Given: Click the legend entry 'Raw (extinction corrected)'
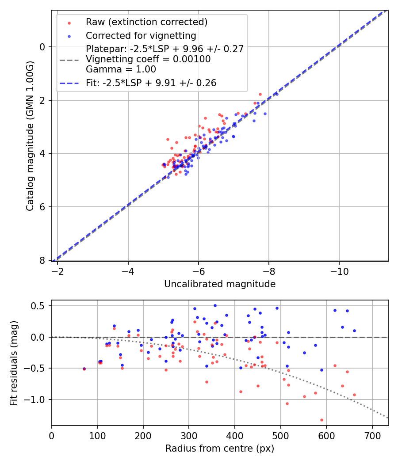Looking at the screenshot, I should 146,22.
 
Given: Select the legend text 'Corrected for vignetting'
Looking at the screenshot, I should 141,35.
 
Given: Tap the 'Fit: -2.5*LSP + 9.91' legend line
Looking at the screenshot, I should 151,83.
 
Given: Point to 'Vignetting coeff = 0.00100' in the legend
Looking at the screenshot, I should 148,59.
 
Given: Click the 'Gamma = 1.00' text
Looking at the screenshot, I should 121,69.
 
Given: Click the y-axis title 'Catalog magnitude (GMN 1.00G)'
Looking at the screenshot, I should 30,136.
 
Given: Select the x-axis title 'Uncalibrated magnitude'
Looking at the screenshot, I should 220,284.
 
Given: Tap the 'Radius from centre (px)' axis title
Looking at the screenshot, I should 220,449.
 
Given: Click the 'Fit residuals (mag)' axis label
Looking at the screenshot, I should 14,363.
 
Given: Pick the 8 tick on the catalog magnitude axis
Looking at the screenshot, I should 43,260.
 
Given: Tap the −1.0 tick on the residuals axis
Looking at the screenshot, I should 37,399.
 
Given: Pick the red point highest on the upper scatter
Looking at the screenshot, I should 260,94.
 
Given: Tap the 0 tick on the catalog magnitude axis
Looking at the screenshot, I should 43,47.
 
